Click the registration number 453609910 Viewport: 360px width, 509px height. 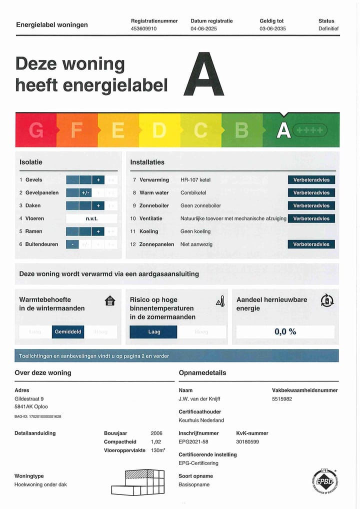tap(144, 29)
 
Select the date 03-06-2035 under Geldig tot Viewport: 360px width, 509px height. tap(272, 29)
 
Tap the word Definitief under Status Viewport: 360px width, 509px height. tap(328, 29)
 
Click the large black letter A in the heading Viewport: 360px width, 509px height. tap(203, 74)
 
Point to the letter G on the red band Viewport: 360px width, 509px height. tap(36, 130)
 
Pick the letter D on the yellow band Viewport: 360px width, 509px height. tap(159, 130)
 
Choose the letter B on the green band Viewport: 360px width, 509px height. tap(241, 130)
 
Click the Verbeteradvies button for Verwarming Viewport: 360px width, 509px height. tap(311, 180)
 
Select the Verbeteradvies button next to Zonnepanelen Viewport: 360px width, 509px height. tap(311, 244)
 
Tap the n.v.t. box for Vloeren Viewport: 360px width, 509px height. tap(92, 218)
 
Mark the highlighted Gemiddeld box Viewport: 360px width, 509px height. tap(68, 332)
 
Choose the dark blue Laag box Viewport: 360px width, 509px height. tap(153, 332)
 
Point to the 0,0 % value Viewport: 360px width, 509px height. tap(285, 331)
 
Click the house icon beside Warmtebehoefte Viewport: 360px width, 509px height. tap(110, 301)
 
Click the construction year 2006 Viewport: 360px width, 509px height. tap(156, 433)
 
